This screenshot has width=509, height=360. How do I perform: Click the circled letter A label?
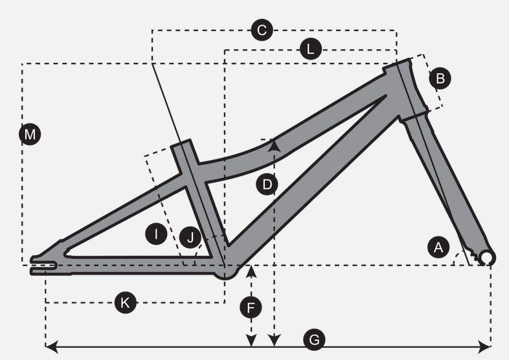point(438,247)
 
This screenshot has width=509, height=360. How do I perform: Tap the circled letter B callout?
point(440,78)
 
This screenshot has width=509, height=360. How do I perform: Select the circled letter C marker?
point(262,30)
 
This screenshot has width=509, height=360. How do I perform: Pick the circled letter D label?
point(267,185)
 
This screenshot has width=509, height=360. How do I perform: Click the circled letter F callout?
point(251,307)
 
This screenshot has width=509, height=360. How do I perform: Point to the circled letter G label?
point(314,340)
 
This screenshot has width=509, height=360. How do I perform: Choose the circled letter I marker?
point(156,234)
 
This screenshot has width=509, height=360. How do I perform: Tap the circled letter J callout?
point(190,238)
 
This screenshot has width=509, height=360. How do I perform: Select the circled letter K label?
point(125,302)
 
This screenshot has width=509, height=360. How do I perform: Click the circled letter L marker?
point(310,49)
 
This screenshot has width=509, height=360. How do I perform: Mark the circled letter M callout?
point(30,134)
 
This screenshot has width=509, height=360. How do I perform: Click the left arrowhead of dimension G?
point(51,346)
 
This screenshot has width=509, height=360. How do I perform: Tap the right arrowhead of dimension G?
point(484,346)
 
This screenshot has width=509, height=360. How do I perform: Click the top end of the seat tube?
point(181,143)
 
